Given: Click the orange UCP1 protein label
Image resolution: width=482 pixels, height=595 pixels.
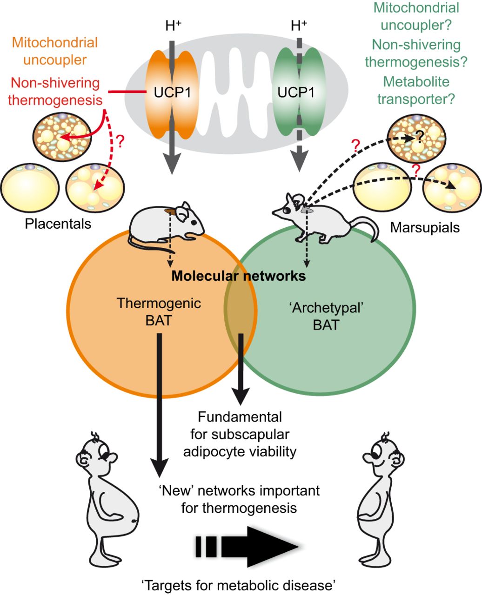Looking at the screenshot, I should [x=172, y=93].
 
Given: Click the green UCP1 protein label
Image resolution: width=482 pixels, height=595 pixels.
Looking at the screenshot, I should [x=296, y=93].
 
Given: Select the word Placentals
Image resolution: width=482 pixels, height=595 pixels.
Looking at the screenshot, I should [x=58, y=224].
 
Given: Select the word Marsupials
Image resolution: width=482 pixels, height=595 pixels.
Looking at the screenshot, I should [x=425, y=227].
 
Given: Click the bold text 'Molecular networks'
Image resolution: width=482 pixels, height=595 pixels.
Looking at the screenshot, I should [x=239, y=276].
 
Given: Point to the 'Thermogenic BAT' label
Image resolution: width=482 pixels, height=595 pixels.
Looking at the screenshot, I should [x=159, y=311].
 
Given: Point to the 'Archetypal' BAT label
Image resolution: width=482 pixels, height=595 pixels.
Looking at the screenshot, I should [x=326, y=316].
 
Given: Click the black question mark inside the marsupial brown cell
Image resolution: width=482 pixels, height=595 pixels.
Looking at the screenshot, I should [x=419, y=135].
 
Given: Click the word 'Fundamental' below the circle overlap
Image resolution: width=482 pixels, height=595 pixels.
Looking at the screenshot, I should [x=240, y=416].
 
